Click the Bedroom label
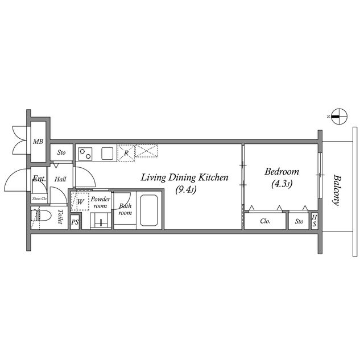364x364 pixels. pos(282,172)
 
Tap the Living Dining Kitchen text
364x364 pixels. pos(185,177)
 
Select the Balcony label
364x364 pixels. pos(337,190)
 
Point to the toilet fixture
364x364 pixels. pos(40,216)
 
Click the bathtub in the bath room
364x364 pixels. pos(149,210)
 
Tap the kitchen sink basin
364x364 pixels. pos(107,154)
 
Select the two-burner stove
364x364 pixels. pos(85,154)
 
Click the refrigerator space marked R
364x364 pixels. pos(126,153)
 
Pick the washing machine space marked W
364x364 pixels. pos(80,201)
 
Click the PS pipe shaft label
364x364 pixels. pos(75,222)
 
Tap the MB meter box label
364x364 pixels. pos(38,142)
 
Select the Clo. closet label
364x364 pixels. pos(265,221)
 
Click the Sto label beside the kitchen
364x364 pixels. pos(61,152)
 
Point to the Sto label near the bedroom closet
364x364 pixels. pos(299,221)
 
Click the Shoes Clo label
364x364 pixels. pos(39,198)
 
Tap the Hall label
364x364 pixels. pos(60,179)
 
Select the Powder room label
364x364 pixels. pos(100,202)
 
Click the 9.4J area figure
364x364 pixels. pos(186,190)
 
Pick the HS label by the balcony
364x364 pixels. pos(314,221)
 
